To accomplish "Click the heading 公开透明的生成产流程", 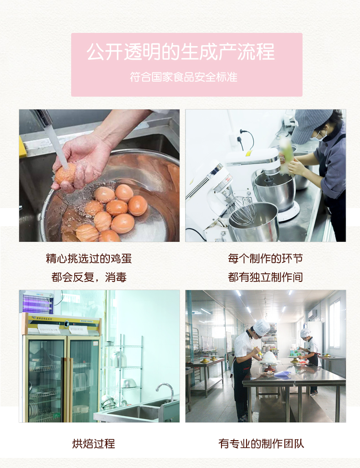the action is [x=180, y=52].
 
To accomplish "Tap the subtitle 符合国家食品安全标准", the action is [x=184, y=77].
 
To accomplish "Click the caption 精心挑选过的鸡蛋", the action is [x=88, y=258].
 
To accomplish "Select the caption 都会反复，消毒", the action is [x=88, y=277].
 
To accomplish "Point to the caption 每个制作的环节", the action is [x=265, y=258].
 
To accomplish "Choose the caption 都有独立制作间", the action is [x=265, y=277].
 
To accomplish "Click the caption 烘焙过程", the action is [x=93, y=443].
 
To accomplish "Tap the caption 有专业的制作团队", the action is [x=261, y=443].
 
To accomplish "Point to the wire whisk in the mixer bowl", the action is [x=242, y=210].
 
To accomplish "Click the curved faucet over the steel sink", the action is [x=165, y=391].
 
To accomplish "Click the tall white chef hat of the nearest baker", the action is [x=261, y=327].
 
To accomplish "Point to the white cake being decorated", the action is [x=270, y=357].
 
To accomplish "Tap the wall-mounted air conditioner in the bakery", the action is [x=312, y=313].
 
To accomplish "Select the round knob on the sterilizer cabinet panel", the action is [x=67, y=324].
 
